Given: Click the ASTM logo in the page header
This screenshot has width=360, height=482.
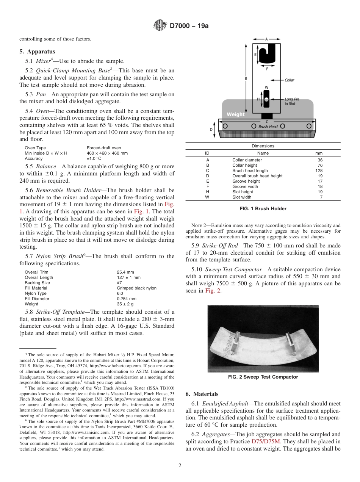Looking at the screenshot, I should (x=160, y=26).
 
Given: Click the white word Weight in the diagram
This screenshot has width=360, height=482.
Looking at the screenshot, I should (x=236, y=114).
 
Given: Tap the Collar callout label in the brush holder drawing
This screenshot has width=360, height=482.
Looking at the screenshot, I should (x=289, y=80).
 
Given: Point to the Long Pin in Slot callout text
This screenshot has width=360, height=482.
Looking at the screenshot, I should (x=292, y=101).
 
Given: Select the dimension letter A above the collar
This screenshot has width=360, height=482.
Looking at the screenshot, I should (x=266, y=39).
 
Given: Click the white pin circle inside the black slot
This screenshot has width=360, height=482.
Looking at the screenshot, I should (x=266, y=99).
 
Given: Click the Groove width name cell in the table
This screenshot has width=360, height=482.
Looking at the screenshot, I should (x=245, y=186).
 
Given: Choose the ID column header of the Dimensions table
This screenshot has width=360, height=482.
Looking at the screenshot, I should (x=207, y=153).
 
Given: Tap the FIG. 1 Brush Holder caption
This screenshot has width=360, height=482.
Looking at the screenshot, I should (x=263, y=209).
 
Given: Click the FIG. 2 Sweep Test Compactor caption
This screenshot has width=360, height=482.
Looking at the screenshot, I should (x=263, y=377).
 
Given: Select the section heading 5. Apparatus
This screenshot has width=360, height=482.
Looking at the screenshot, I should (x=37, y=52).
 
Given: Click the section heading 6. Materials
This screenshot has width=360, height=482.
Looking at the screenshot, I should (x=202, y=394).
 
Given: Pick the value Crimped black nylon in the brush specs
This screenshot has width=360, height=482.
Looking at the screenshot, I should (x=136, y=288).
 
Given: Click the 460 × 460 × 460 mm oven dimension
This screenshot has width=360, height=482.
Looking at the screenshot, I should (x=107, y=153).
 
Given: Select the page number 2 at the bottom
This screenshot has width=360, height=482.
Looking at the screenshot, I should (x=180, y=466).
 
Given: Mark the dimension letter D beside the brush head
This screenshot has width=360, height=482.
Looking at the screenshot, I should (x=211, y=129).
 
